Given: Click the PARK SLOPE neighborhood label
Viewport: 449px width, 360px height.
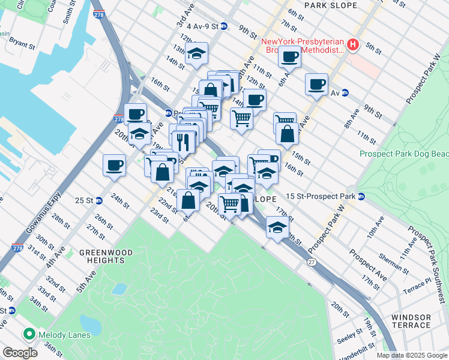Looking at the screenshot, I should click(x=331, y=5).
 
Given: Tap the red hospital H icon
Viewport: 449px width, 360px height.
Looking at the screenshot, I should click(x=354, y=44).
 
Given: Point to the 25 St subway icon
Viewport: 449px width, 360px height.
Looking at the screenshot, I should click(x=100, y=200).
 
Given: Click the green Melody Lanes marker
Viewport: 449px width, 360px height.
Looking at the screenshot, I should click(x=28, y=334).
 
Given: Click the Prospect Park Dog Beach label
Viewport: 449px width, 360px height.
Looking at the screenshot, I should click(x=403, y=154).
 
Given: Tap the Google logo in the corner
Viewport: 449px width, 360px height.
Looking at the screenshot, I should click(x=20, y=353).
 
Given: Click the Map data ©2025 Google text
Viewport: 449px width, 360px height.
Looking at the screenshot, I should click(x=411, y=355).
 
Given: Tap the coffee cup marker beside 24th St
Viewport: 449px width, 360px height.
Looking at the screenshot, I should click(x=113, y=165).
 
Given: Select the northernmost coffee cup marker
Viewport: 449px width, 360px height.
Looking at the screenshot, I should click(x=289, y=56).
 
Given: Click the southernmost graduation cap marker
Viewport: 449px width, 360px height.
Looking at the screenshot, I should click(x=277, y=228).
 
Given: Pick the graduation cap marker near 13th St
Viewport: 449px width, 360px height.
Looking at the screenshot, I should click(x=196, y=54).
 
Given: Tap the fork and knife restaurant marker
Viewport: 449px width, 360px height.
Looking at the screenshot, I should click(x=184, y=142).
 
